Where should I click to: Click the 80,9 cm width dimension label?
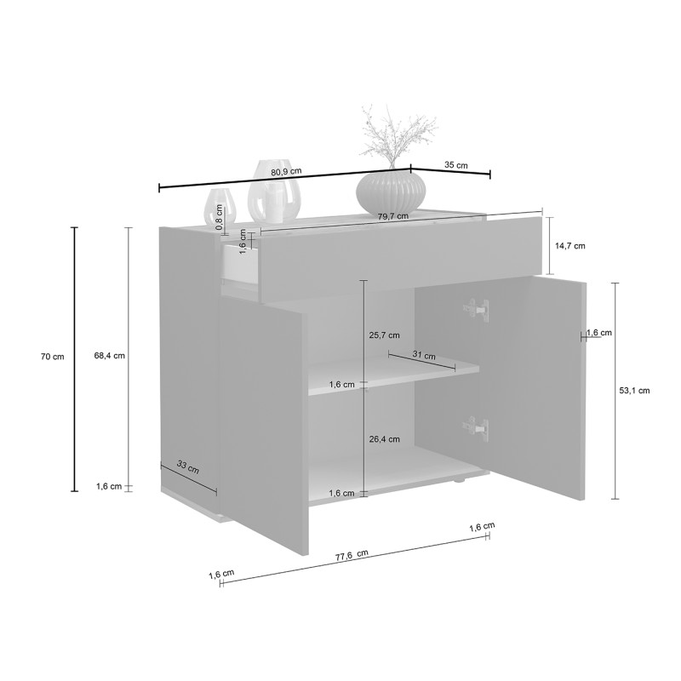pyautogui.click(x=286, y=171)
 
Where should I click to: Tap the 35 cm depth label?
pyautogui.click(x=456, y=165)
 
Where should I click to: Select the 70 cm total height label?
pyautogui.click(x=52, y=357)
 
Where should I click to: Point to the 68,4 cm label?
pyautogui.click(x=110, y=356)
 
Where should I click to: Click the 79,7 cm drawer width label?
pyautogui.click(x=393, y=216)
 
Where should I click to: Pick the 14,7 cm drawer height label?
pyautogui.click(x=570, y=246)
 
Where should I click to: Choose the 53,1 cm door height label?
pyautogui.click(x=634, y=391)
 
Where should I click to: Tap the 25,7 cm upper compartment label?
pyautogui.click(x=385, y=335)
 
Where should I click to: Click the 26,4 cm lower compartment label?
pyautogui.click(x=385, y=439)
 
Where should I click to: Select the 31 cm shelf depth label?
pyautogui.click(x=424, y=355)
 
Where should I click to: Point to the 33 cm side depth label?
pyautogui.click(x=188, y=466)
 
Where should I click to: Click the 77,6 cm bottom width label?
pyautogui.click(x=352, y=556)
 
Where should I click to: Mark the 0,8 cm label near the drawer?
pyautogui.click(x=220, y=220)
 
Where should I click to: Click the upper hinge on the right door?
pyautogui.click(x=476, y=310)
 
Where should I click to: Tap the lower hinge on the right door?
pyautogui.click(x=475, y=428)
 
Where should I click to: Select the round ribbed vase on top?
pyautogui.click(x=391, y=190)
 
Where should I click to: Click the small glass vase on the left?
pyautogui.click(x=220, y=207)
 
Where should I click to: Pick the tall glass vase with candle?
pyautogui.click(x=274, y=190)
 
